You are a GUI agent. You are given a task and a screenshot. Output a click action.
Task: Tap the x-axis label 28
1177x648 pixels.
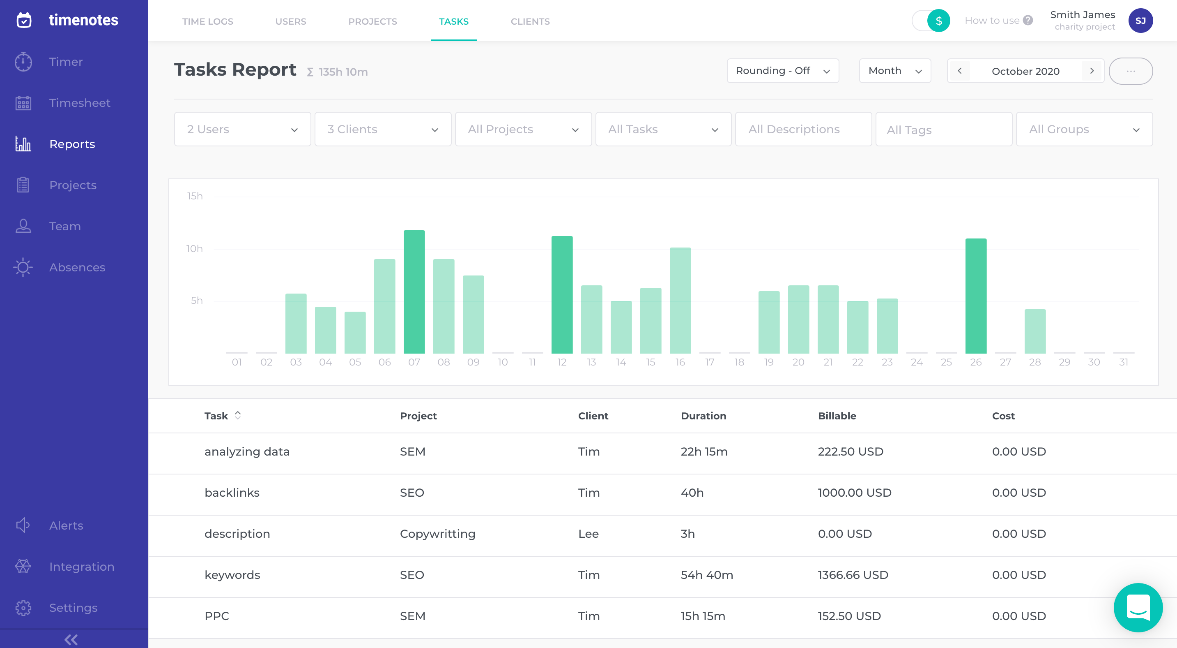pos(1034,362)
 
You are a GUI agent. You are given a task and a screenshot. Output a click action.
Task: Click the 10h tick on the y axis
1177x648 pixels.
pos(194,249)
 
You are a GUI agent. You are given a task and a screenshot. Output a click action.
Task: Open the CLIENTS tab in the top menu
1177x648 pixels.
pos(530,21)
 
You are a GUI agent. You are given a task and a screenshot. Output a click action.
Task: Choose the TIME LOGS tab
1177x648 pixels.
pos(207,21)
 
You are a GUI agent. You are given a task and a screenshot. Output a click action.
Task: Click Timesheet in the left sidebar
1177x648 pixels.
pos(80,103)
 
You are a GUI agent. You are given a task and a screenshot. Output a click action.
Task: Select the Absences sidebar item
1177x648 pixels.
pos(77,268)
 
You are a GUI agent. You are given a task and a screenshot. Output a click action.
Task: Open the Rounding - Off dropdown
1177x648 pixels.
pos(782,71)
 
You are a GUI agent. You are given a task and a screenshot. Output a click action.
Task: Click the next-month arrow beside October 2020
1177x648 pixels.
pos(1092,71)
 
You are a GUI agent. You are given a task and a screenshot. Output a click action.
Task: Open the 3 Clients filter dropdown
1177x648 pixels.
pos(382,130)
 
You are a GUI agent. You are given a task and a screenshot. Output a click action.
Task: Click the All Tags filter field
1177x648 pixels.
pos(943,130)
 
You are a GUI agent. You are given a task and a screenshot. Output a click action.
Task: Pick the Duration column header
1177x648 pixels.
pos(703,416)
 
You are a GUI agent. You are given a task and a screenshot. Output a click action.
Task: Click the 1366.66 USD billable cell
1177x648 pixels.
pos(853,575)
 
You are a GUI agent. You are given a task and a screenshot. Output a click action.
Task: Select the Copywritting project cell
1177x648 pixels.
pos(437,534)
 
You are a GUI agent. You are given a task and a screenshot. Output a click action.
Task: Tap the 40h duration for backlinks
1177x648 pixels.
pos(692,493)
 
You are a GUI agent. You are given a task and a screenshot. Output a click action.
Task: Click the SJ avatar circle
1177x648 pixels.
pos(1140,21)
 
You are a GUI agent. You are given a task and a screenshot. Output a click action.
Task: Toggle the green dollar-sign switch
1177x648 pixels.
pos(931,21)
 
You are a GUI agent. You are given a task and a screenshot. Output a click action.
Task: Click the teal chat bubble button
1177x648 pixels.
pos(1138,607)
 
